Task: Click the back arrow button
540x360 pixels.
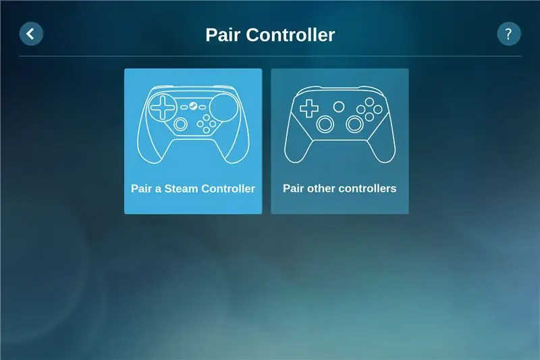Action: tap(31, 34)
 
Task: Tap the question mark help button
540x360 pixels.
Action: tap(509, 34)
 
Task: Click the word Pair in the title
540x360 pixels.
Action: tap(222, 35)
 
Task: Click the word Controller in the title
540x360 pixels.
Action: tap(290, 35)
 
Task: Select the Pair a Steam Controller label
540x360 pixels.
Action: tap(193, 188)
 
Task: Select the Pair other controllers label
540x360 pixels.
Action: tap(340, 188)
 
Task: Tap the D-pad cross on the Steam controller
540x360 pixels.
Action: tap(163, 107)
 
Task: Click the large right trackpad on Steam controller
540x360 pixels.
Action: tap(223, 107)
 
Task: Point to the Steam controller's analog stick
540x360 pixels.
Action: tap(180, 124)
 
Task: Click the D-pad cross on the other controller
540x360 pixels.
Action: tap(309, 109)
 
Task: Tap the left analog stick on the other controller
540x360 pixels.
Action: tap(325, 124)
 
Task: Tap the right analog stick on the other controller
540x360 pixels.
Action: tap(354, 124)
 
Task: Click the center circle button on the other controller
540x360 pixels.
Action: tap(339, 107)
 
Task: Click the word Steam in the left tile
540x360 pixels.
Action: tap(181, 188)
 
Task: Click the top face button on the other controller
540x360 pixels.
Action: tap(369, 102)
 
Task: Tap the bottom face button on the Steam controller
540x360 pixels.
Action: tap(207, 130)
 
